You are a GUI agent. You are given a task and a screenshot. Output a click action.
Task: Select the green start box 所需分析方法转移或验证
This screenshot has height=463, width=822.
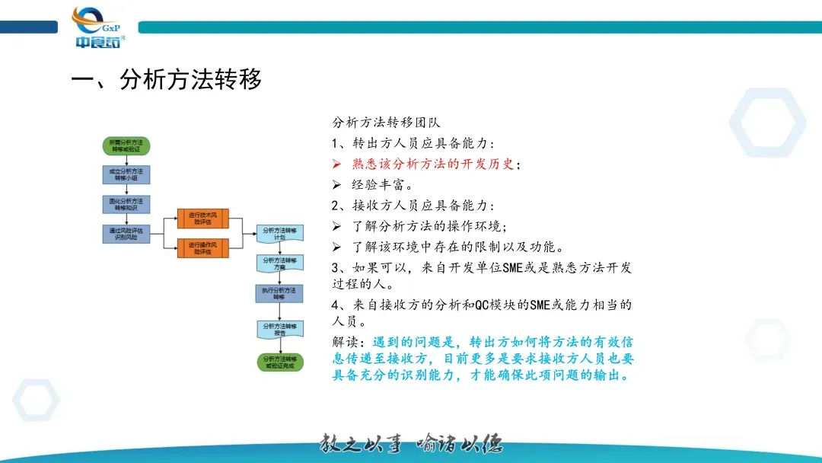126,145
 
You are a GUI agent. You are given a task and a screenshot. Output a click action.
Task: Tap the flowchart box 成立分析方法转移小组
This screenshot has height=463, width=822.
126,174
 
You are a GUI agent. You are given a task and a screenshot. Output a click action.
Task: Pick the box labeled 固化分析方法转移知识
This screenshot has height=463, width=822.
126,203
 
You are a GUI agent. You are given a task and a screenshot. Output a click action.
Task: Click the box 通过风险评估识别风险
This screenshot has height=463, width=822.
126,233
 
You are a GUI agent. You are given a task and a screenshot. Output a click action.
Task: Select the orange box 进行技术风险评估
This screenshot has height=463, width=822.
203,219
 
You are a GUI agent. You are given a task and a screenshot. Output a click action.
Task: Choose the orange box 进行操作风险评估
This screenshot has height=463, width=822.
203,248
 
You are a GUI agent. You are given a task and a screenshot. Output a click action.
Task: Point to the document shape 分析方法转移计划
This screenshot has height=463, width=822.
279,233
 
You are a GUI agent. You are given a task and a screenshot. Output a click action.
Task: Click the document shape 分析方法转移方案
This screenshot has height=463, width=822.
279,263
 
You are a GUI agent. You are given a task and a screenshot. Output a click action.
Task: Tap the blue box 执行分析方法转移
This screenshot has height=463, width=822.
279,293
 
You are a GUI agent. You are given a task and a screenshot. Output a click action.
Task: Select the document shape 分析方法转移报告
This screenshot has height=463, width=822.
279,328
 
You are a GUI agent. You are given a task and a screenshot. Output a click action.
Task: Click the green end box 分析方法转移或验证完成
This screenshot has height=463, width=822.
279,362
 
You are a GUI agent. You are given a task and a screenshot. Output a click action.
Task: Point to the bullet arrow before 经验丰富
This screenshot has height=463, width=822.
337,184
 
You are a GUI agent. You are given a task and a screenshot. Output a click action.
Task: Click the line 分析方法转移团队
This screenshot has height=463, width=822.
387,122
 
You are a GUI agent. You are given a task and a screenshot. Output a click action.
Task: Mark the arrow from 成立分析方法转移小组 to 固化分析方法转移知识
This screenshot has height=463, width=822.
126,190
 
